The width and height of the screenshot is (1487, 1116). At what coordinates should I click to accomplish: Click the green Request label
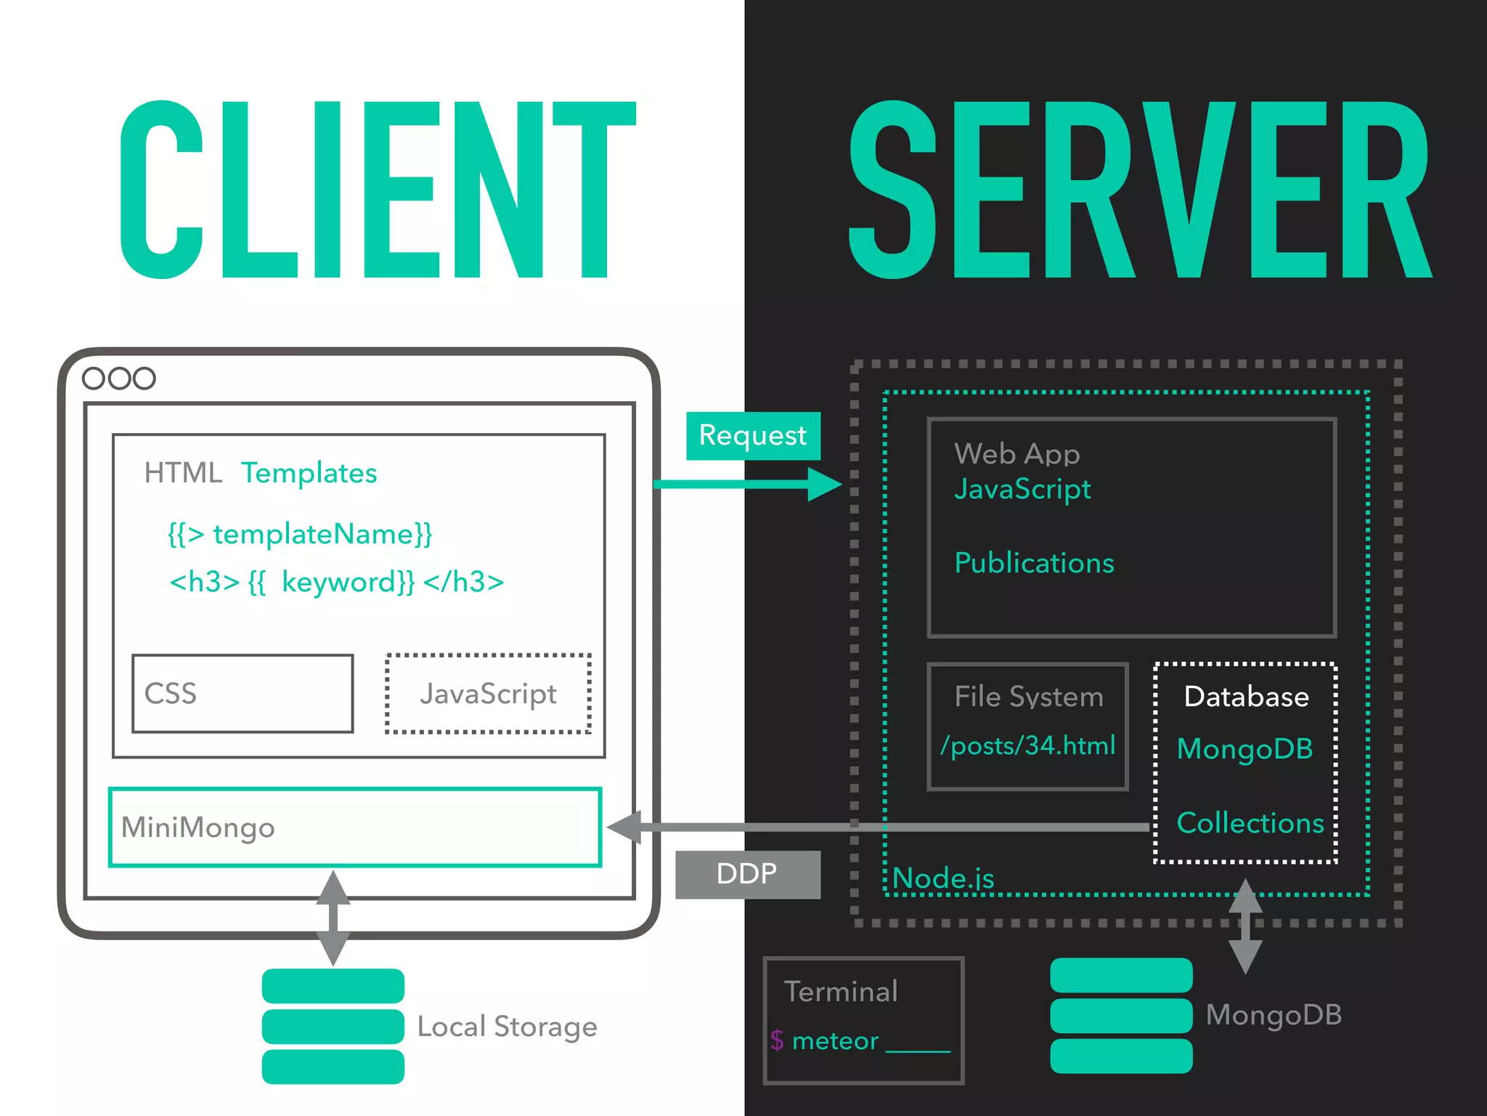753,436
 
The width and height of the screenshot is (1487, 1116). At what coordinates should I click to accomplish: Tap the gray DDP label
747,874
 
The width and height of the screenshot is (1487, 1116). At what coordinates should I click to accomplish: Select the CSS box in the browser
243,694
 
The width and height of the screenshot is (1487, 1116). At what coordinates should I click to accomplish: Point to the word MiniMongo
197,828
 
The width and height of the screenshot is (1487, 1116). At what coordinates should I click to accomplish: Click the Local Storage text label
507,1027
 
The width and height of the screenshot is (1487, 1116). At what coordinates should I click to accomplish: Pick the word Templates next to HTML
309,473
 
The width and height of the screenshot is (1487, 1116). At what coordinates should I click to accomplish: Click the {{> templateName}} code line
300,534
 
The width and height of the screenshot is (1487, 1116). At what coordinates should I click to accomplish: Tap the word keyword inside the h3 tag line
347,582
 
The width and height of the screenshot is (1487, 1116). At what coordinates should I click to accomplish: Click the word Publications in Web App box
1034,563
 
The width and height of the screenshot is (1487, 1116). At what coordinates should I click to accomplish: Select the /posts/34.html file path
1027,745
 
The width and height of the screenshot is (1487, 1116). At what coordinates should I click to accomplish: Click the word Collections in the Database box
1250,823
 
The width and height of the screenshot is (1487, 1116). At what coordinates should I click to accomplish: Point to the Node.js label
943,878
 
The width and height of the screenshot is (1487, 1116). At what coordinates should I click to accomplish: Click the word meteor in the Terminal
835,1041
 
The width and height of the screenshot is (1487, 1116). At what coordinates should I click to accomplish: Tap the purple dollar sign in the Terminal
777,1040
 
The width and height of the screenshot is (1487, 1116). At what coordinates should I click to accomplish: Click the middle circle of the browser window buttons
119,379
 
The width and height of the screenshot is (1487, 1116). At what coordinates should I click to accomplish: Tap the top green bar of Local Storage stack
333,986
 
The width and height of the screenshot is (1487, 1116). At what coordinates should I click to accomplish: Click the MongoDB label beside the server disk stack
1274,1015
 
